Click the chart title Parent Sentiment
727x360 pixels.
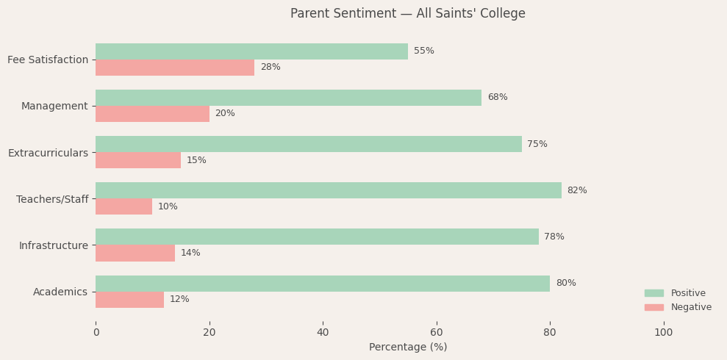407,14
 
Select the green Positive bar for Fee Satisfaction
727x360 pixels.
251,51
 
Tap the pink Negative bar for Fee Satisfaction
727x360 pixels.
175,68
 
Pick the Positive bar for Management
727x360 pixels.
288,98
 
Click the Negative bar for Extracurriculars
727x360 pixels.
138,160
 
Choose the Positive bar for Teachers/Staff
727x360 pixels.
328,190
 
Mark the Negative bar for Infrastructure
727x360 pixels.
135,253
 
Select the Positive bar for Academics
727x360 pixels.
323,284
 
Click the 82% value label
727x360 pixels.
577,190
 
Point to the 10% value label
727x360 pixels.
168,206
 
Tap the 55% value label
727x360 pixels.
423,51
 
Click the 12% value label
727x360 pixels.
179,299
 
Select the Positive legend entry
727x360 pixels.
687,293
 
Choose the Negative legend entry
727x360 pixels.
690,307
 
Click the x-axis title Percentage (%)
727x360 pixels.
407,347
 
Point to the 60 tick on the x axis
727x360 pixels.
437,333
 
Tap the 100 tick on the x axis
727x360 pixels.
663,333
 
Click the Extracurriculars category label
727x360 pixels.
48,153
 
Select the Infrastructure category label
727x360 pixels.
53,245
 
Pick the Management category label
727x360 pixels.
54,106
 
